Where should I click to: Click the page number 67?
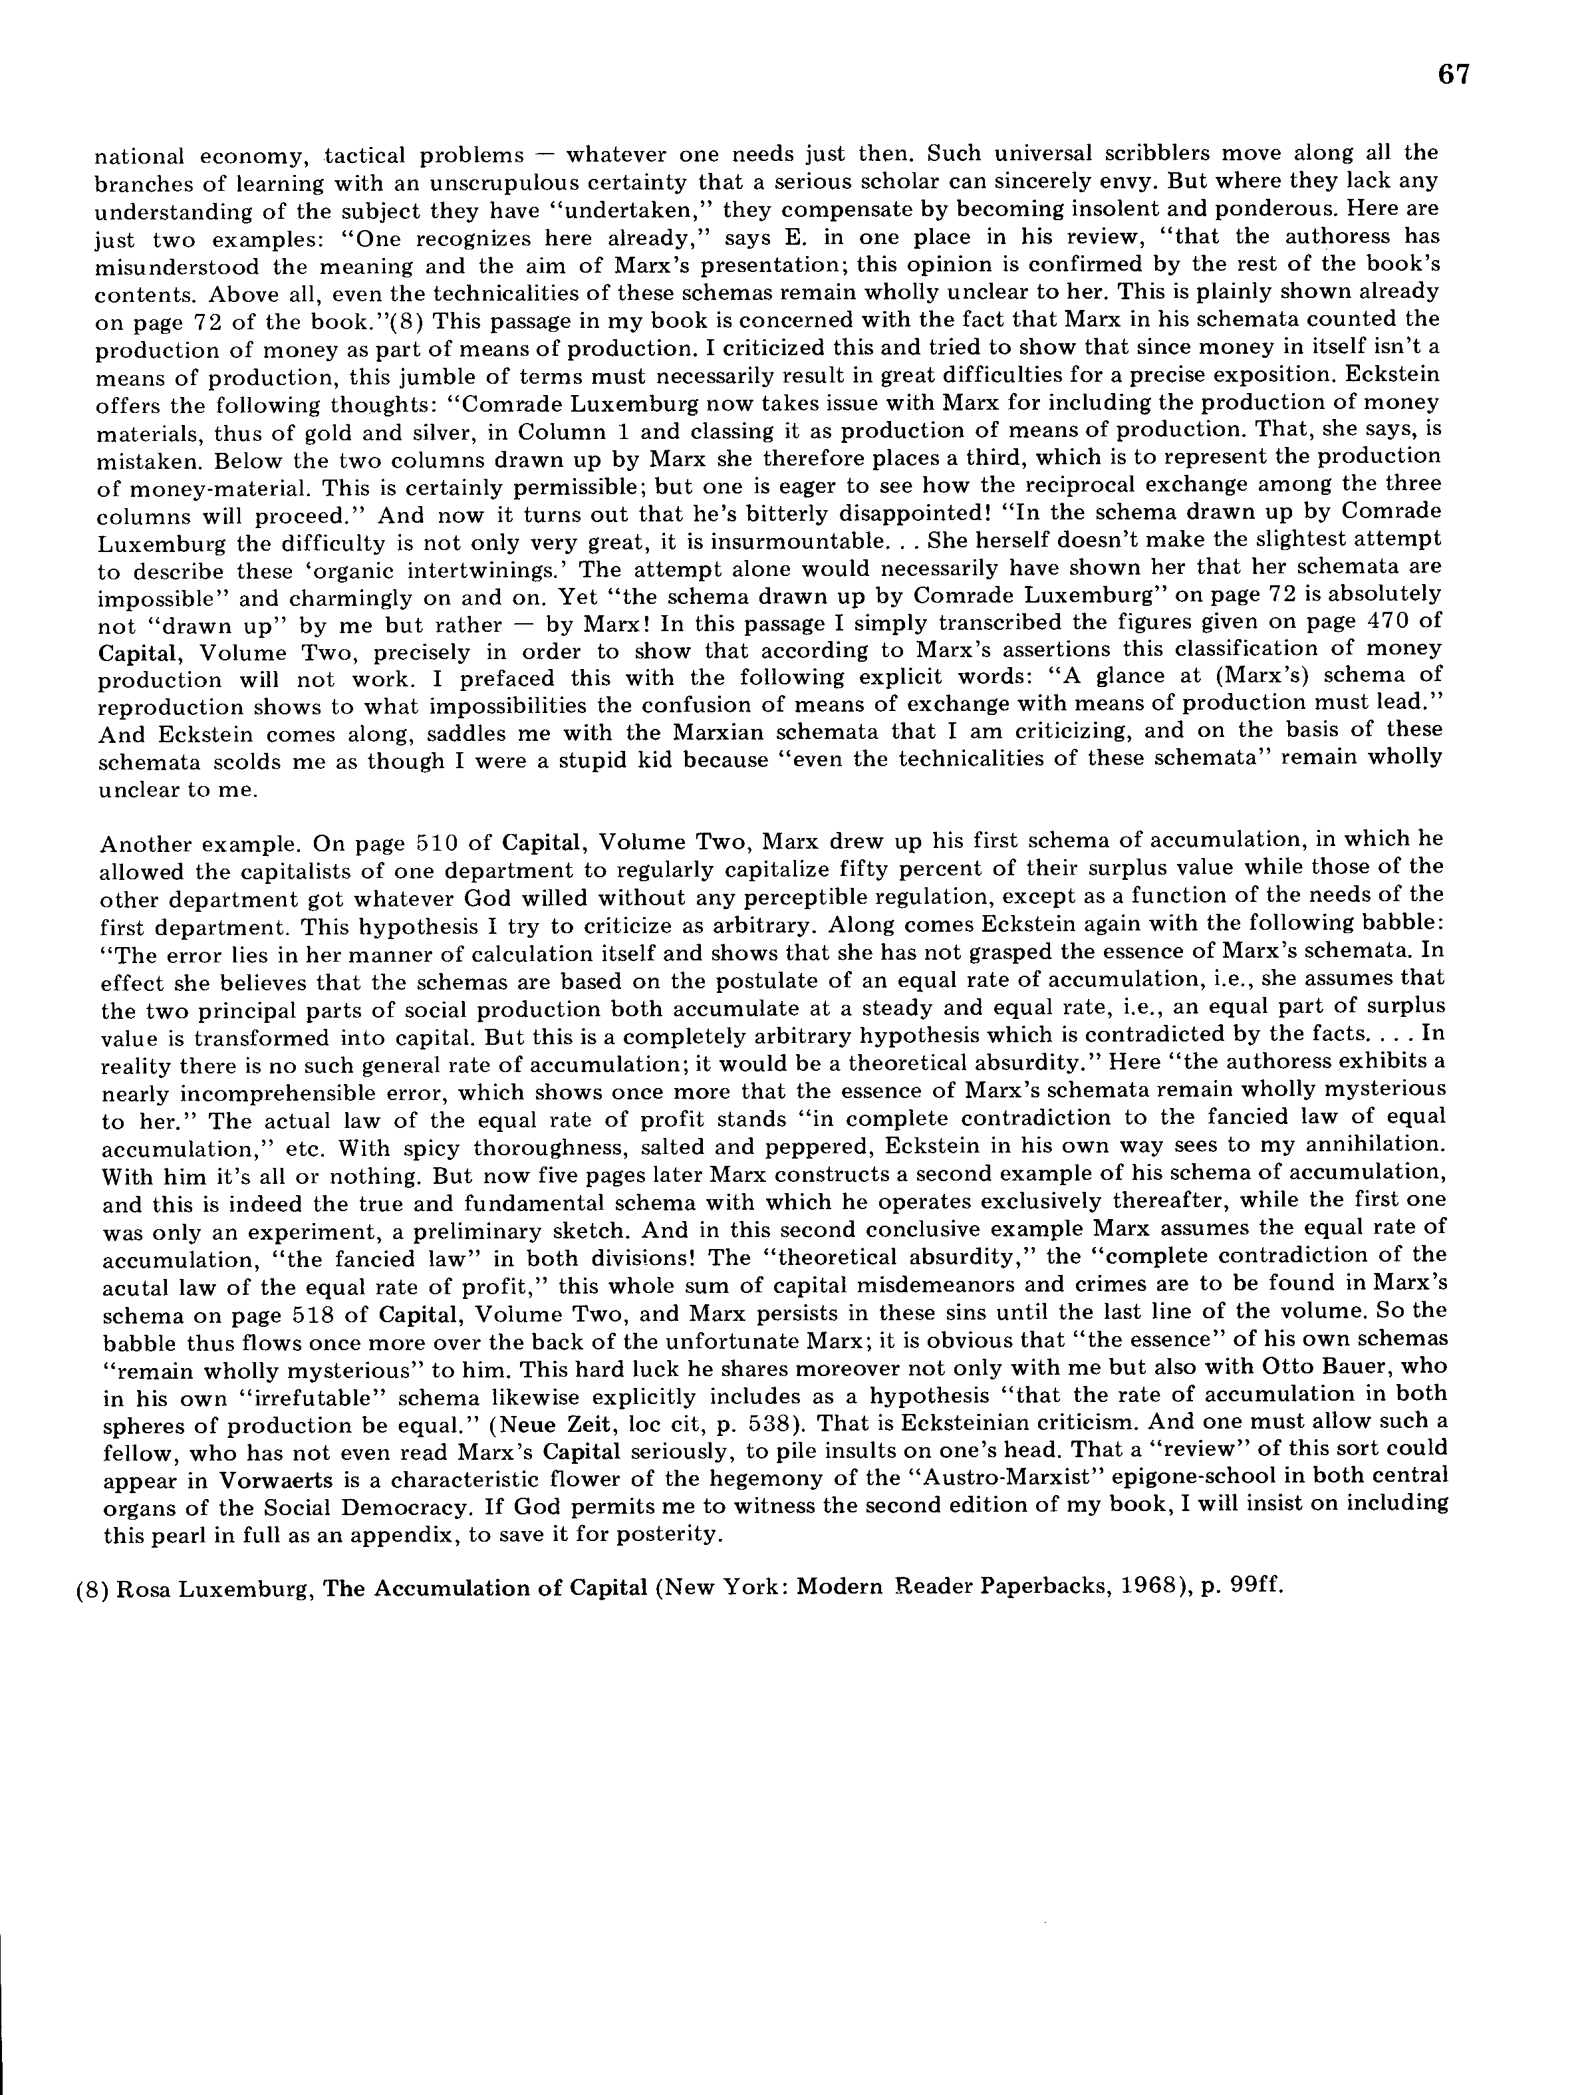pyautogui.click(x=1453, y=75)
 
